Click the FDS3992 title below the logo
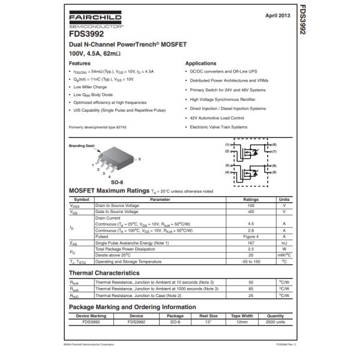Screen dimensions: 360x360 [x=86, y=34]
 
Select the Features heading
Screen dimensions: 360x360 [x=80, y=63]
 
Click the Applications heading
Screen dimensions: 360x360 [x=200, y=63]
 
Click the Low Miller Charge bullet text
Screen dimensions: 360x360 [x=90, y=87]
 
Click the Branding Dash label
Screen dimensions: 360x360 [x=82, y=146]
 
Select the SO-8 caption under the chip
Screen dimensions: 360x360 [x=117, y=182]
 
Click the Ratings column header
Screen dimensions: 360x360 [x=251, y=199]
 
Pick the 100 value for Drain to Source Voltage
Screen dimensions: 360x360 [x=251, y=205]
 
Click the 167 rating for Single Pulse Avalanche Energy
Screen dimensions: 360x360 [x=251, y=243]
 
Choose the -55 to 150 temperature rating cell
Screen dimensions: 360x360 [x=251, y=262]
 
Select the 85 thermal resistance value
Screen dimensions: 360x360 [x=251, y=289]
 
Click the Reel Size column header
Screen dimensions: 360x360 [x=208, y=316]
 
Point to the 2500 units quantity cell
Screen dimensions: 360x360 [x=275, y=322]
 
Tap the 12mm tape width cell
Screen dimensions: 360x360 [x=242, y=322]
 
